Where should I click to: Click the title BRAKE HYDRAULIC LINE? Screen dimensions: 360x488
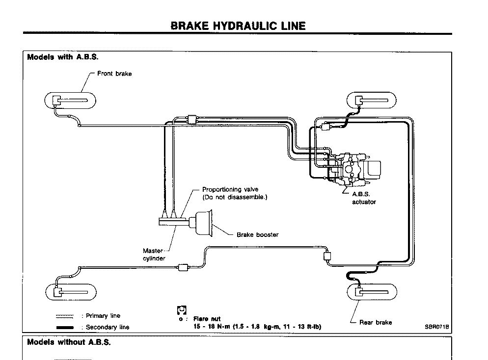click(238, 26)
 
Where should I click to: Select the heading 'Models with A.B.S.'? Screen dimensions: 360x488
click(63, 57)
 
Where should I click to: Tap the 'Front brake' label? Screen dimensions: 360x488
click(114, 74)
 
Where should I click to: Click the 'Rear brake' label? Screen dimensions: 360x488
click(376, 322)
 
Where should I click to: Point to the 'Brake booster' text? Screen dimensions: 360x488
click(257, 234)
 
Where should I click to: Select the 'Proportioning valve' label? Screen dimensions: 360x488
click(230, 189)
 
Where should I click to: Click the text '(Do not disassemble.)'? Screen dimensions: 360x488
click(235, 197)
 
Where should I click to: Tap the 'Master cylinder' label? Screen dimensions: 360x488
click(154, 255)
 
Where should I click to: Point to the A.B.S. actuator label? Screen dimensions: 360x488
click(363, 198)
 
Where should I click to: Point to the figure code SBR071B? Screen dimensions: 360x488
click(437, 326)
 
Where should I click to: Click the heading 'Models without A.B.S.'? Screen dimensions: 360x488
click(69, 342)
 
